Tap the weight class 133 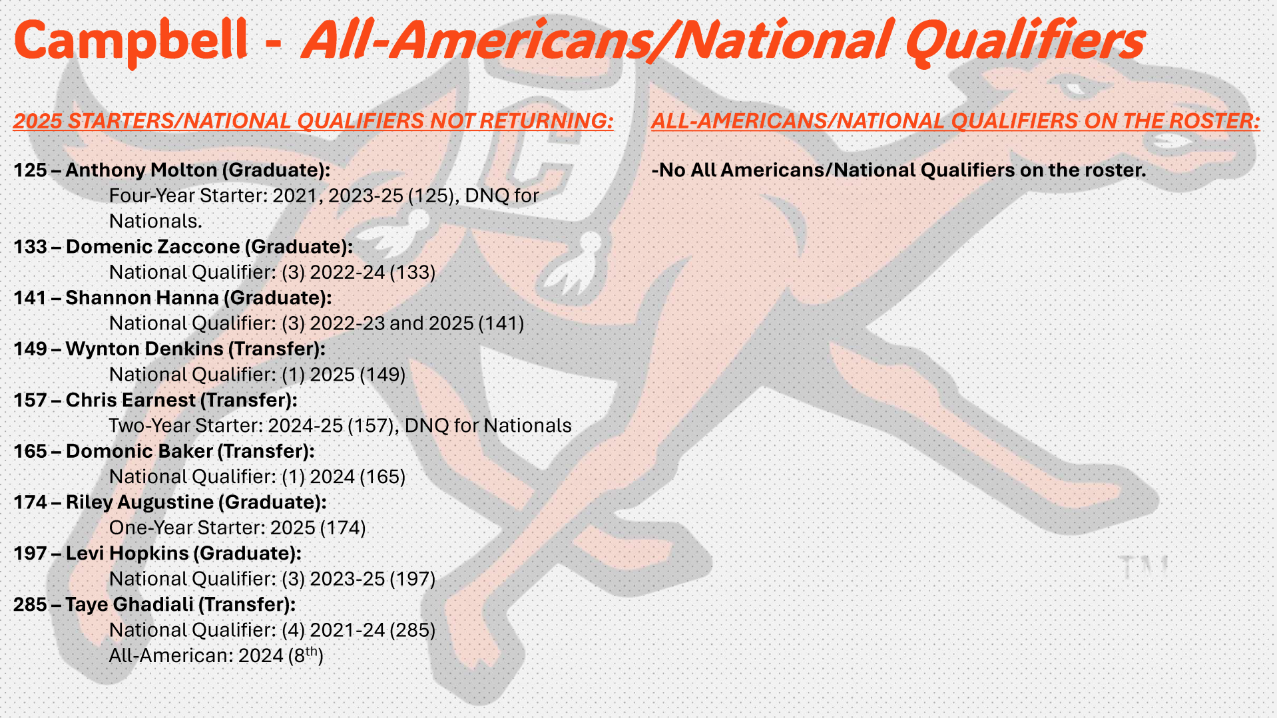[x=30, y=247]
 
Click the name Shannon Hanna [x=142, y=298]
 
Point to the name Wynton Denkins [x=144, y=349]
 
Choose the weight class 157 [x=30, y=400]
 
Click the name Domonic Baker [x=139, y=451]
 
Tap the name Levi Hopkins [x=127, y=554]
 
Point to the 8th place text [x=306, y=655]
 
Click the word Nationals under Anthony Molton [x=155, y=221]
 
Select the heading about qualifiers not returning [x=313, y=121]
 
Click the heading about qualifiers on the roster [x=955, y=121]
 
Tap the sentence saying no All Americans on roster [x=899, y=170]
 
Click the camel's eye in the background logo [x=1073, y=87]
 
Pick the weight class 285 [x=30, y=605]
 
